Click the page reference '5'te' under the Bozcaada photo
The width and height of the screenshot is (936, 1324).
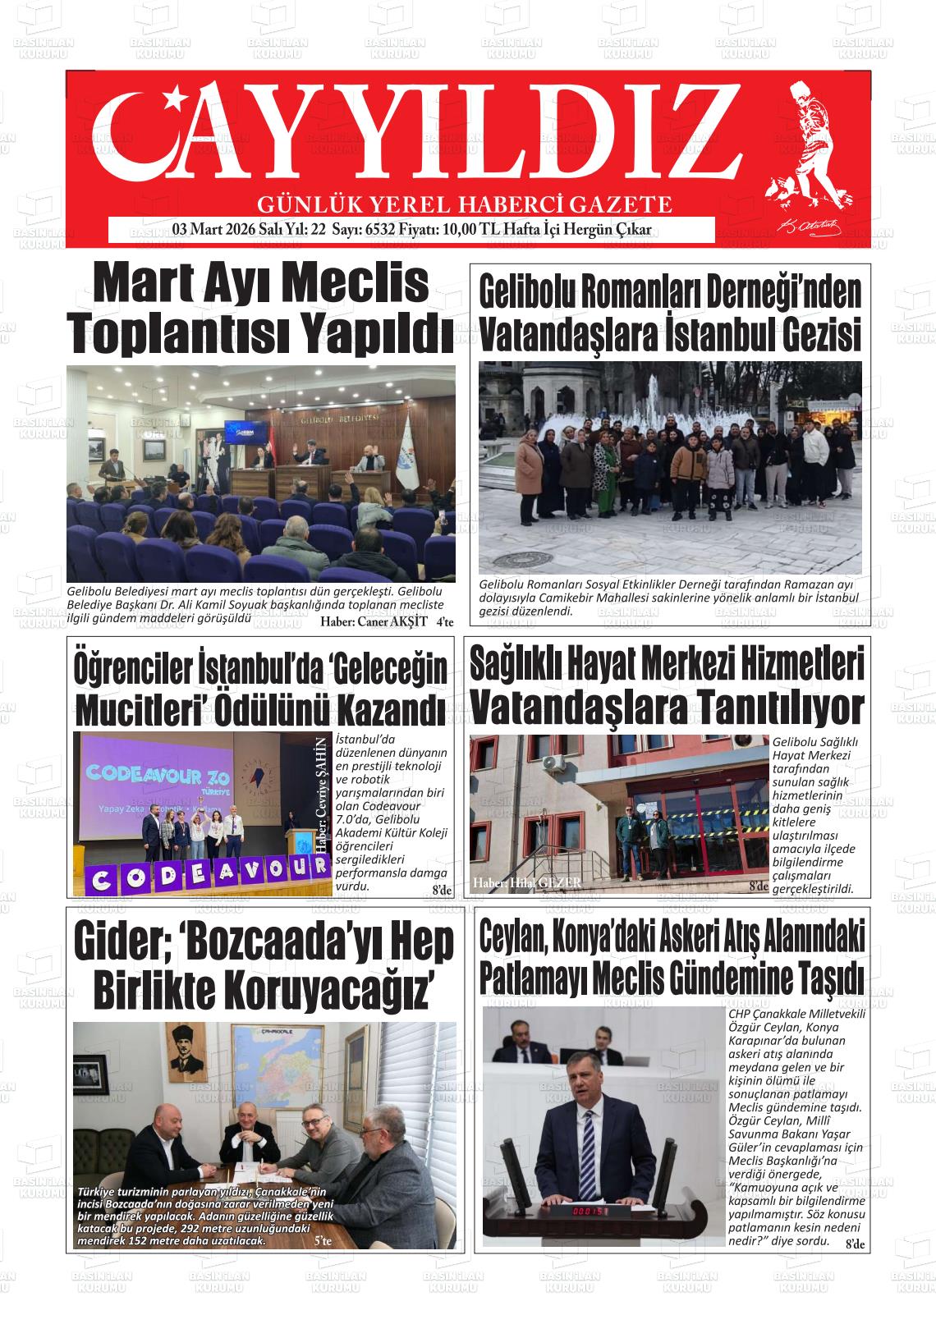pos(323,1242)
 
